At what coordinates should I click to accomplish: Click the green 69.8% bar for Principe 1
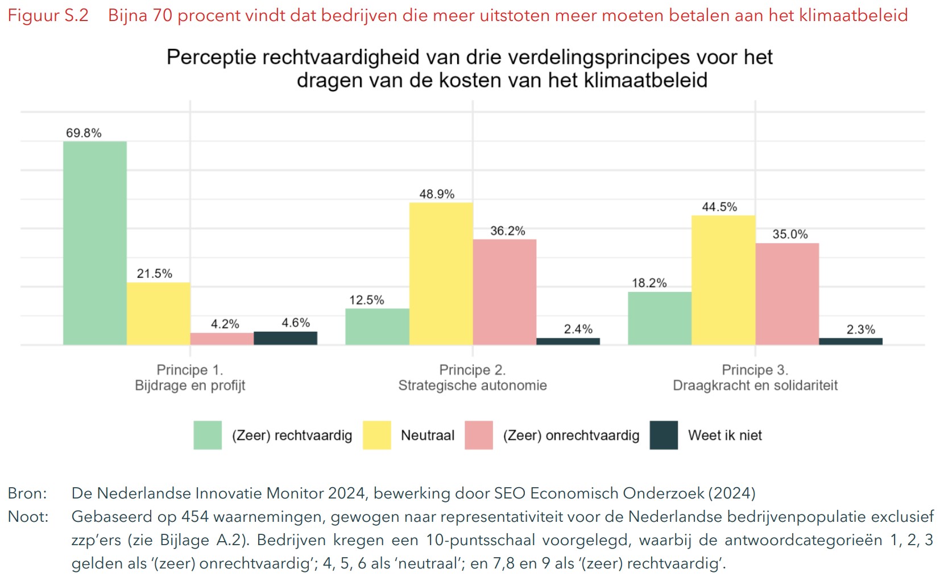coord(94,243)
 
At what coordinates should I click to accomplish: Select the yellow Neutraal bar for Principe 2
coord(441,274)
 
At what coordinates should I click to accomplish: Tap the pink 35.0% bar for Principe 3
coord(787,294)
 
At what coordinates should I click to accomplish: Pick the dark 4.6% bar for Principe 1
coord(285,338)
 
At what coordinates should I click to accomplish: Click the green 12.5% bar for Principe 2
coord(377,327)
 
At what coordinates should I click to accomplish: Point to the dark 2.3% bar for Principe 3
coord(851,341)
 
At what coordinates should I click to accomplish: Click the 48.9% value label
coord(437,194)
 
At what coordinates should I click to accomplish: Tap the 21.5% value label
coord(154,274)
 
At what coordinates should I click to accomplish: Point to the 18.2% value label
coord(649,283)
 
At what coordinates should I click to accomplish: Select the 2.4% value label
coord(578,329)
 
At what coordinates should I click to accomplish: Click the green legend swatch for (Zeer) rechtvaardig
coord(208,435)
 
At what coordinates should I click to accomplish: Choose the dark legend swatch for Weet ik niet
coord(664,435)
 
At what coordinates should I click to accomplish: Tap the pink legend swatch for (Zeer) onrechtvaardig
coord(478,435)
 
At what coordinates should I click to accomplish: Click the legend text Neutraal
coord(428,435)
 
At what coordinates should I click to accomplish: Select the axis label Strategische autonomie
coord(472,386)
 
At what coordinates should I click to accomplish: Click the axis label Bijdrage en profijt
coord(190,386)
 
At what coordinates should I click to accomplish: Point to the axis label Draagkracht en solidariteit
coord(755,386)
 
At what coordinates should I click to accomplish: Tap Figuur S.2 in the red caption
coord(48,15)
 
